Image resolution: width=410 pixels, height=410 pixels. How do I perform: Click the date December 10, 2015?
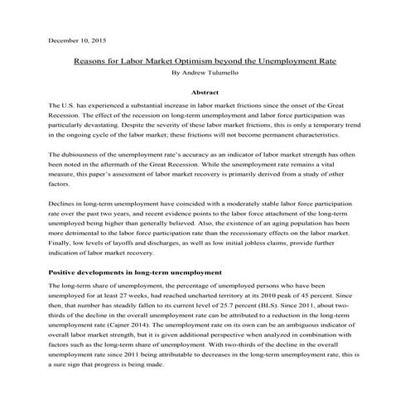[x=72, y=40]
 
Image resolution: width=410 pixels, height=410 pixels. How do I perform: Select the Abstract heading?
[x=205, y=94]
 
